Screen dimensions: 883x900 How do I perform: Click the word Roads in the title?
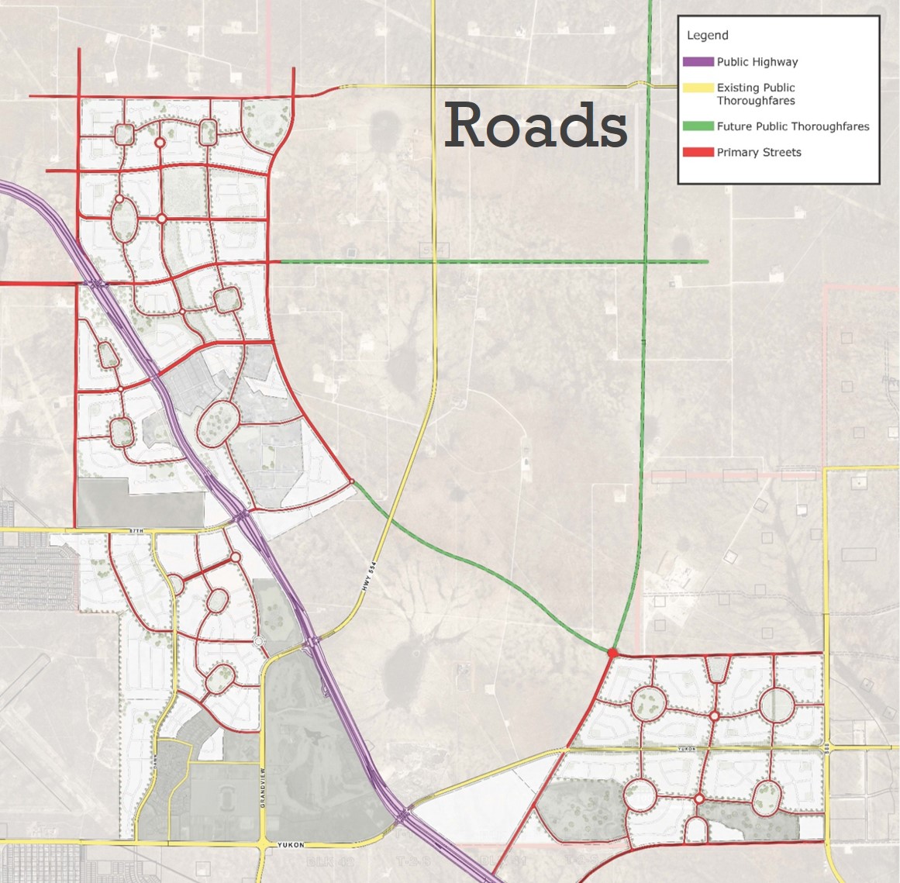point(536,125)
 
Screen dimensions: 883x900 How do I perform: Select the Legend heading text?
point(707,36)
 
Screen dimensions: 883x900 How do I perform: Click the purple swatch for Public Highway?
point(698,62)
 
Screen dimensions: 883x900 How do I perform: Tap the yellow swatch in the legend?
point(698,88)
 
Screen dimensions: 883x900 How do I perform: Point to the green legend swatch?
point(698,126)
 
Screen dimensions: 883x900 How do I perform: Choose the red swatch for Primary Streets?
point(698,153)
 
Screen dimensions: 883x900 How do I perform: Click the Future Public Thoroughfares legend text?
point(792,126)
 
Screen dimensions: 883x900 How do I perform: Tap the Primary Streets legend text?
point(758,153)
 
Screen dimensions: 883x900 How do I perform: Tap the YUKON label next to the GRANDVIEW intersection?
point(291,844)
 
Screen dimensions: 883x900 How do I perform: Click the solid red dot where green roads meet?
point(612,654)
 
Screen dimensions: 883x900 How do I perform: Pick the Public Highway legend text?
point(757,62)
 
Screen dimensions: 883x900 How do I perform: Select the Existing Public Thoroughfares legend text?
point(755,94)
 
